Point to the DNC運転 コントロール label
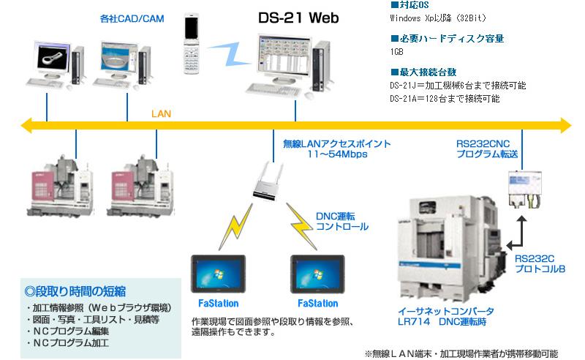341,222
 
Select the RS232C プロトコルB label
540,263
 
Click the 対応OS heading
409,5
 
